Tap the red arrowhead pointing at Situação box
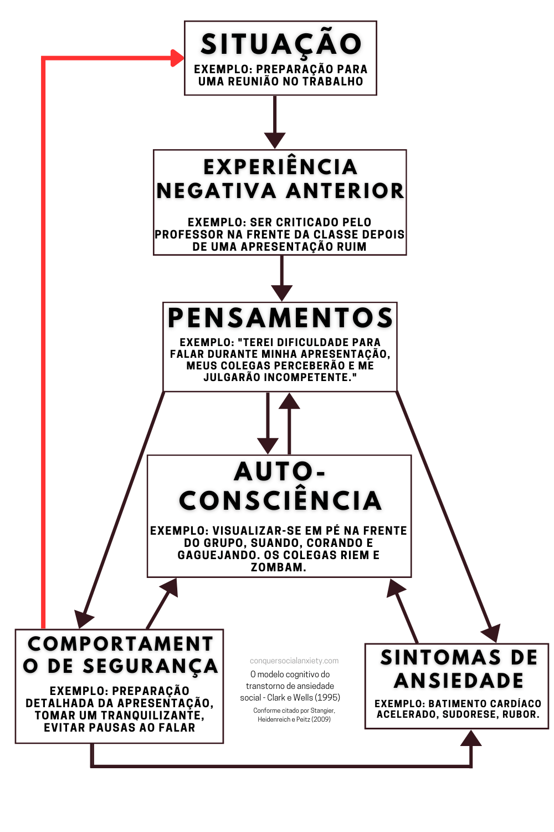(x=177, y=58)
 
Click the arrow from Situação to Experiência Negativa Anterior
(x=275, y=122)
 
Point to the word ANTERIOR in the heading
(x=345, y=191)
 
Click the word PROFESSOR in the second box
(x=189, y=235)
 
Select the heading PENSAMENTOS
(x=280, y=318)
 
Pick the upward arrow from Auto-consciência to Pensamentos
(x=289, y=423)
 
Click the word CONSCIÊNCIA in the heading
(x=280, y=500)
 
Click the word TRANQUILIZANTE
(x=152, y=715)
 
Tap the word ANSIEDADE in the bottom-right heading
(x=459, y=681)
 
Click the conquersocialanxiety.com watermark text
(x=294, y=661)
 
